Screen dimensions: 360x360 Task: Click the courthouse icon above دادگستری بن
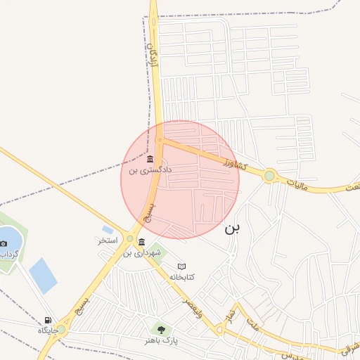150,159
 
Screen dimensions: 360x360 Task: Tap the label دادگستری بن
150,170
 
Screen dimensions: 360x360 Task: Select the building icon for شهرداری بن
142,242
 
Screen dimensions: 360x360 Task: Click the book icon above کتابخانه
182,266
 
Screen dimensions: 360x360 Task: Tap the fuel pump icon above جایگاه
48,320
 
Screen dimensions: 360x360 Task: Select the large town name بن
233,229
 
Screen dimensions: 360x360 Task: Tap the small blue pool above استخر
108,229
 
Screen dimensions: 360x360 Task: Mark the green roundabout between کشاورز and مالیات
269,175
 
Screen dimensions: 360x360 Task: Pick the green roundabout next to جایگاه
61,328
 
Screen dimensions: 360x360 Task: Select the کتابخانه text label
182,277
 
